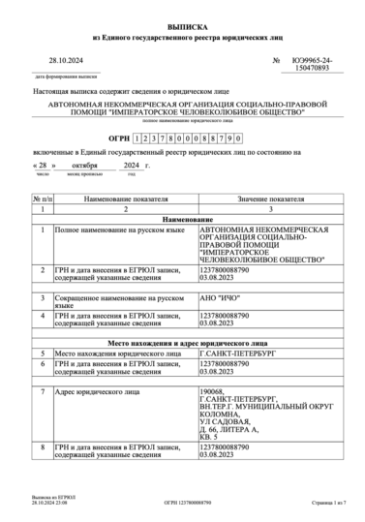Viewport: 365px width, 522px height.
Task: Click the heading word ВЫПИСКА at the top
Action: [x=182, y=26]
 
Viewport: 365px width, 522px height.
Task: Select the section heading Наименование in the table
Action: [x=182, y=219]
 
